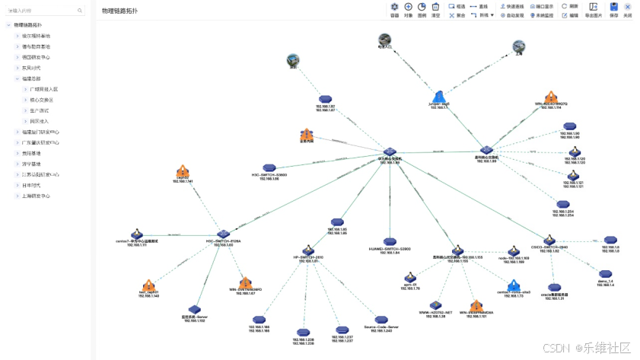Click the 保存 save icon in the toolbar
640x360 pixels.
[x=613, y=7]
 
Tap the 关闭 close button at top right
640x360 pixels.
[x=627, y=7]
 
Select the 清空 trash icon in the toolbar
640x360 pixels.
[x=435, y=7]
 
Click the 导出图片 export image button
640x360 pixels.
[x=593, y=7]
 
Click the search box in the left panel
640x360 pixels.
[x=46, y=11]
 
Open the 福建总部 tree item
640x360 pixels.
[x=31, y=78]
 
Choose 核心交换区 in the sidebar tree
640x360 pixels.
[x=43, y=100]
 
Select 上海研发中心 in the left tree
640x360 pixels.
[x=37, y=196]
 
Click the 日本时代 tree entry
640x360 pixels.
[x=32, y=185]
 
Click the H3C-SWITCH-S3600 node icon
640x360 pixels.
[x=269, y=167]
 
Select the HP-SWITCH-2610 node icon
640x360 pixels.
[x=308, y=250]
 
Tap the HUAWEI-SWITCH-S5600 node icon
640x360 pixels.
[x=390, y=241]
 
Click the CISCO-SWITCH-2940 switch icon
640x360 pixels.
[x=549, y=240]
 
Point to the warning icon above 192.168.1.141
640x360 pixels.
[x=183, y=171]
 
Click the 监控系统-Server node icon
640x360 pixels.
[x=194, y=309]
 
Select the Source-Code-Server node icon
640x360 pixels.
[x=380, y=320]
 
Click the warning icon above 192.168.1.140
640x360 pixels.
[x=148, y=285]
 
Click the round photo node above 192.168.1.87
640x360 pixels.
[x=293, y=59]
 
